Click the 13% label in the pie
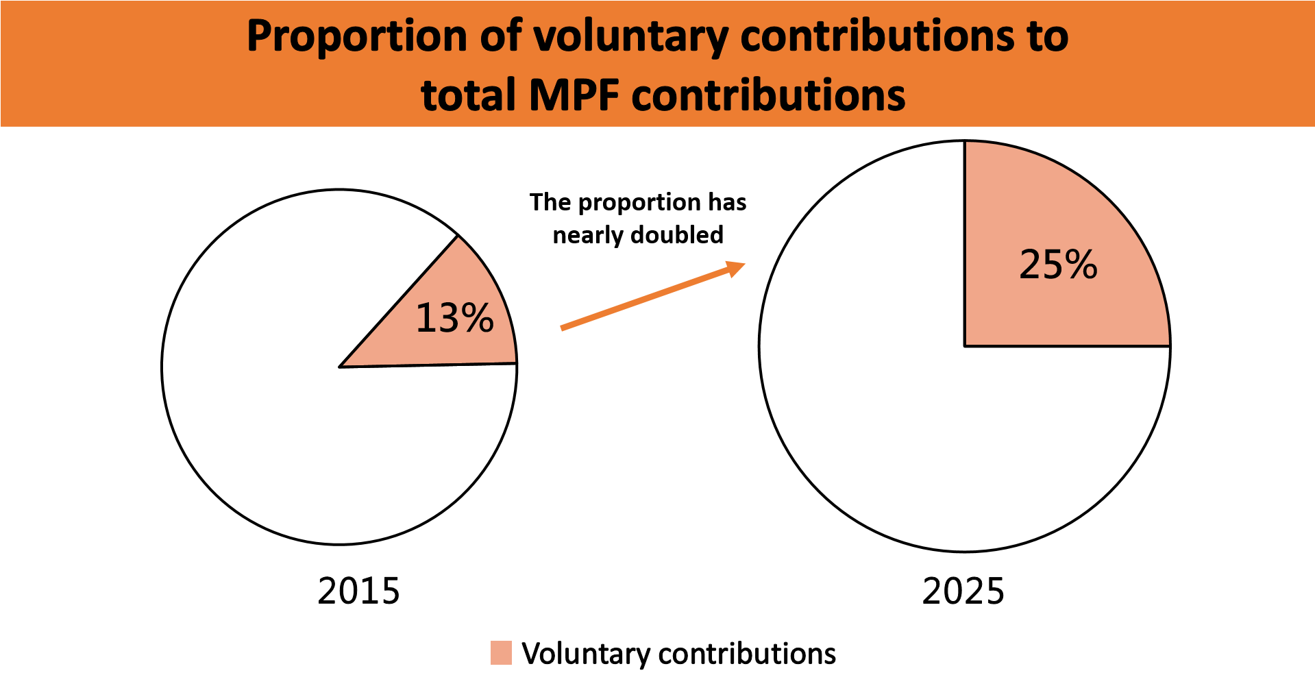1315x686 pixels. click(455, 318)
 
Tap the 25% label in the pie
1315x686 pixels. click(1058, 265)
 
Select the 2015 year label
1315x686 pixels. click(358, 591)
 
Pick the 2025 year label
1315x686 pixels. click(963, 591)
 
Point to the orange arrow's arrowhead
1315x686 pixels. click(737, 267)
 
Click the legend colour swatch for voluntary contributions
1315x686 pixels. click(501, 653)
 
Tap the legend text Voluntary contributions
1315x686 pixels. click(678, 654)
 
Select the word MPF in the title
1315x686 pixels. click(574, 95)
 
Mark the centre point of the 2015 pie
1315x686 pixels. click(340, 367)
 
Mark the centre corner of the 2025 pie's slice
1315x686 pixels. click(965, 346)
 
